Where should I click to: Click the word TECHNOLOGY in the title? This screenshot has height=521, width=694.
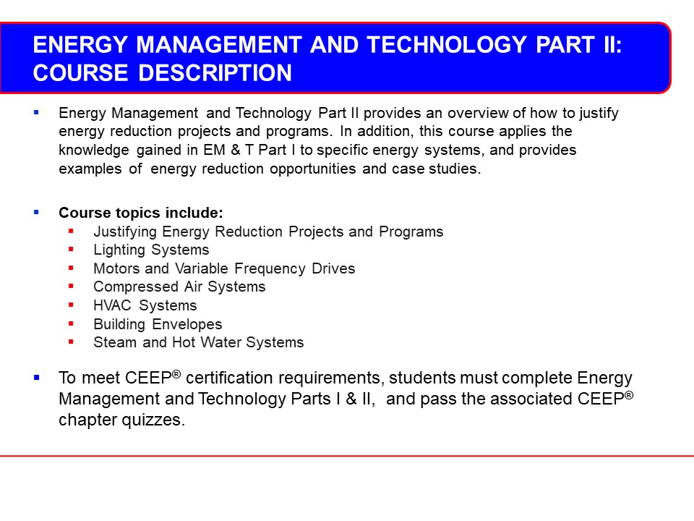point(447,45)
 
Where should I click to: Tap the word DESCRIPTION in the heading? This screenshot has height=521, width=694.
point(215,73)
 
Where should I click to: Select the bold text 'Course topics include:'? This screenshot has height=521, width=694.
point(141,213)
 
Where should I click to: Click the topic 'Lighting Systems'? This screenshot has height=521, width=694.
point(151,250)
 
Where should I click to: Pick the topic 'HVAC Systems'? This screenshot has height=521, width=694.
point(145,305)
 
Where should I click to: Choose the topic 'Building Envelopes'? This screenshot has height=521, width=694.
point(158,324)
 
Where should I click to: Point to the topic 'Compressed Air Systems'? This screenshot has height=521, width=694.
point(179,287)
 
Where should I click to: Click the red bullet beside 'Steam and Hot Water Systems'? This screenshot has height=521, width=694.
point(71,342)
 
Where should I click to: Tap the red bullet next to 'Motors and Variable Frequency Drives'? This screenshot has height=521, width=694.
point(71,268)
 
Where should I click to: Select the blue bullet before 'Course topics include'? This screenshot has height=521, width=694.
point(36,212)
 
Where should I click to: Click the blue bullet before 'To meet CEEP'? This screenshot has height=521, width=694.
point(36,378)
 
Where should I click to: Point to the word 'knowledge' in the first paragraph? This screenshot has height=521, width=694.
point(94,151)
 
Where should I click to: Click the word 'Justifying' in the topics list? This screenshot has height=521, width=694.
point(125,232)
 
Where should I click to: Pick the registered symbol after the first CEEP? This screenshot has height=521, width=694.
point(176,374)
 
